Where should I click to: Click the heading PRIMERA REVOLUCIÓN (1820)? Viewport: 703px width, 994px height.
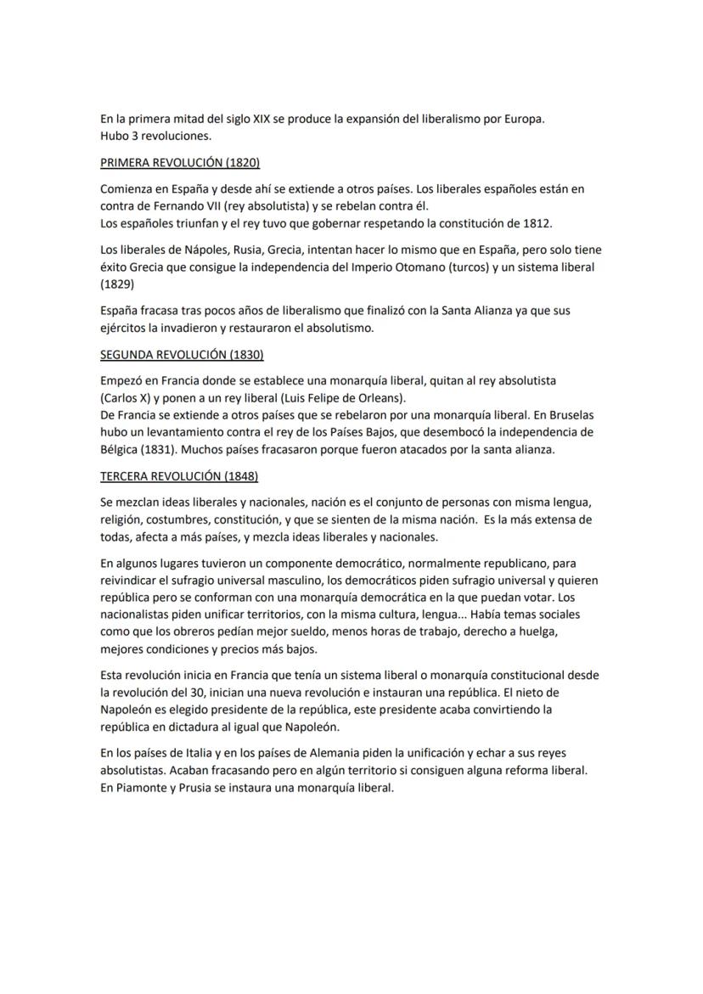coord(179,162)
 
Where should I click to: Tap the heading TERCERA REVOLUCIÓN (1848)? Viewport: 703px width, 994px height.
coord(178,476)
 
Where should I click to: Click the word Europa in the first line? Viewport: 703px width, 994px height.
coord(520,119)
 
